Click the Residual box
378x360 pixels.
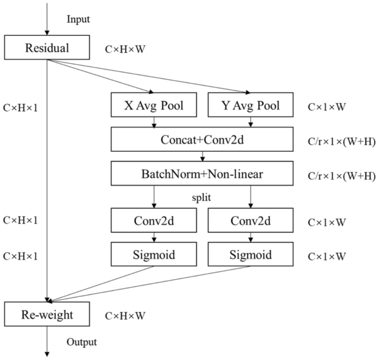coord(47,48)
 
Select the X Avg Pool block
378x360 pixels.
coord(154,105)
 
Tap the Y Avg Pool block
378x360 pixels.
coord(251,105)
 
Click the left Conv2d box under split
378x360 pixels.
coord(154,221)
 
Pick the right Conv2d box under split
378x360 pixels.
coord(251,221)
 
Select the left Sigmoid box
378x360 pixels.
coord(154,255)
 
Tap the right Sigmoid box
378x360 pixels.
coord(251,255)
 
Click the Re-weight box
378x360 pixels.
coord(47,315)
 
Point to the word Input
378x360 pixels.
coord(78,19)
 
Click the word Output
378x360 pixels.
coord(82,342)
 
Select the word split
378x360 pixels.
coord(203,197)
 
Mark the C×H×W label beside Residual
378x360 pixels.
coord(125,49)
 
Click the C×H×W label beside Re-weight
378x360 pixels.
coord(125,316)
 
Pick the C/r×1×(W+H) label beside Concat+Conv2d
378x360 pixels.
coord(340,141)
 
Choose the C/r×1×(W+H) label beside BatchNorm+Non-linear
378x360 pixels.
coord(340,176)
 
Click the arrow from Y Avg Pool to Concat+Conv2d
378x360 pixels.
coord(251,121)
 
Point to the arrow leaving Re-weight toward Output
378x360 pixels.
coord(47,340)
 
